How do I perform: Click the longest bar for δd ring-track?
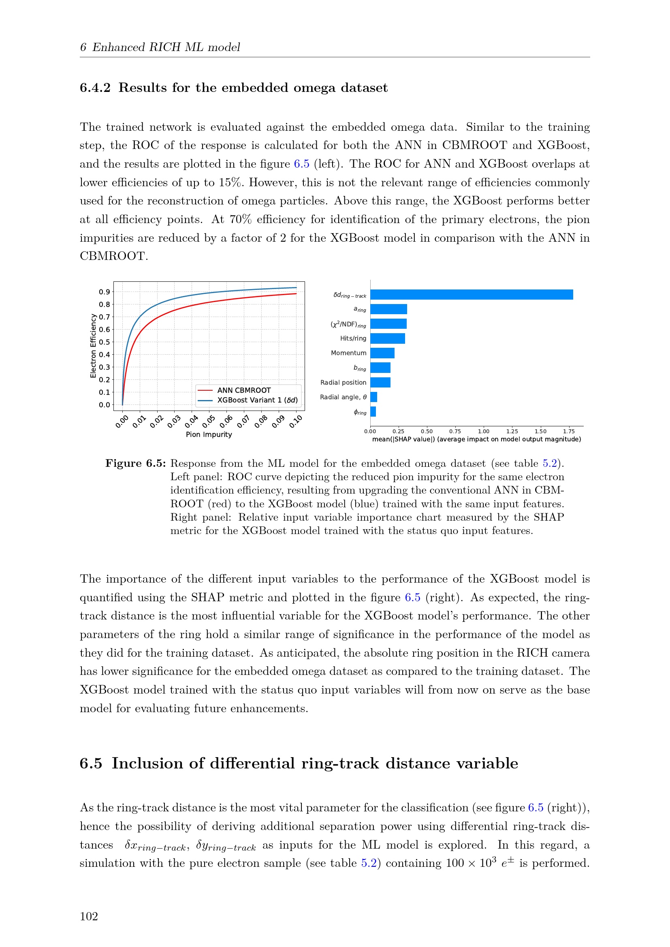click(471, 294)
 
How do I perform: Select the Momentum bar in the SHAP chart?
click(382, 353)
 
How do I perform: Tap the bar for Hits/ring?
click(387, 338)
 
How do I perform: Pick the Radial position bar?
click(380, 382)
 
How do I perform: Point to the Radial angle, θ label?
click(343, 397)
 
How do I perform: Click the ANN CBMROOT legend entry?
click(244, 390)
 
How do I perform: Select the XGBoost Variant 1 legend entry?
click(257, 400)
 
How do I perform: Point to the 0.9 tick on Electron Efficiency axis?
click(105, 292)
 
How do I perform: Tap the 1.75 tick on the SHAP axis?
click(568, 432)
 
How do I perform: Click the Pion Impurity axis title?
click(209, 434)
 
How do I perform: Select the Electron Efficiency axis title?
click(93, 346)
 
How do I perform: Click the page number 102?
click(89, 916)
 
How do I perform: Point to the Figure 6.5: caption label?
click(135, 463)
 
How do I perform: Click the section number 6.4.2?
click(95, 88)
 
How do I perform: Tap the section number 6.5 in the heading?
click(91, 764)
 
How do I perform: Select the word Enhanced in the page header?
click(118, 47)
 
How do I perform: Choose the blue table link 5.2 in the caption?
click(550, 463)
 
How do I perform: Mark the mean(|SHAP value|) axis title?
click(476, 439)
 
